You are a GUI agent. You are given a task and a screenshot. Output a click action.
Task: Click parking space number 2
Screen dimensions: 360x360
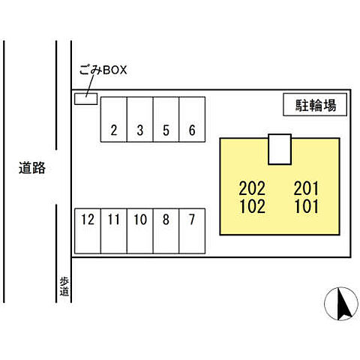[114, 119]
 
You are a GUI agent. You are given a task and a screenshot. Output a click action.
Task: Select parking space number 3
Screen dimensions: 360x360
[140, 119]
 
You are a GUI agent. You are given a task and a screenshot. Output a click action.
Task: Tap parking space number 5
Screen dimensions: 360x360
[166, 119]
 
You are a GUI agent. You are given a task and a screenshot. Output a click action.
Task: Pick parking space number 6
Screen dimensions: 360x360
[192, 119]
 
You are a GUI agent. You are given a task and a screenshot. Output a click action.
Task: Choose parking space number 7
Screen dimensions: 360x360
[192, 231]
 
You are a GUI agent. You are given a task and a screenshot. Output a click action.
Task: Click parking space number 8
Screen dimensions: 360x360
[166, 231]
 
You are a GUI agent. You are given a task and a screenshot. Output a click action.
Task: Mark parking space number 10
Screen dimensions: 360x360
[140, 231]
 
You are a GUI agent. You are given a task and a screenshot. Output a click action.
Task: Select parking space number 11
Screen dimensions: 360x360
[114, 231]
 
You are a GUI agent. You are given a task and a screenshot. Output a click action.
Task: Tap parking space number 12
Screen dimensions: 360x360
[88, 231]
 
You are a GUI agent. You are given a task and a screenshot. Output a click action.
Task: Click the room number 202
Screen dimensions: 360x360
[252, 188]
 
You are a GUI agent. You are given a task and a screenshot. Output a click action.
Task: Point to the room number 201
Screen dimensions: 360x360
[306, 188]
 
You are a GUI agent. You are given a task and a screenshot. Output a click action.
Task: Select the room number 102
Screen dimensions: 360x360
[253, 206]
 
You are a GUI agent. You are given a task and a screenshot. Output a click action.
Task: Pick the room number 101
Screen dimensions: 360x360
[307, 206]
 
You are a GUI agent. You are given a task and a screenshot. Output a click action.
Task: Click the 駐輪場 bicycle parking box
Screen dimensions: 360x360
[315, 104]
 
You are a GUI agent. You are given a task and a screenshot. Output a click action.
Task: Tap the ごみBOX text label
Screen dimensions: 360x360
[103, 70]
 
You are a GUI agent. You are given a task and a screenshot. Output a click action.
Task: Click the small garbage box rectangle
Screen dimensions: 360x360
[85, 99]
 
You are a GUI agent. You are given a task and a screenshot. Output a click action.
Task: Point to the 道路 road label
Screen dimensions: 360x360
[32, 167]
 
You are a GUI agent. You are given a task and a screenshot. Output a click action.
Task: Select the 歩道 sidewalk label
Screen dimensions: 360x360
[64, 286]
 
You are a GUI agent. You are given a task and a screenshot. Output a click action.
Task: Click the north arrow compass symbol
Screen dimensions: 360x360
[341, 304]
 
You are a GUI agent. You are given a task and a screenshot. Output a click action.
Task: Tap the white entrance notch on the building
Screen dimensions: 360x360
[280, 149]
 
